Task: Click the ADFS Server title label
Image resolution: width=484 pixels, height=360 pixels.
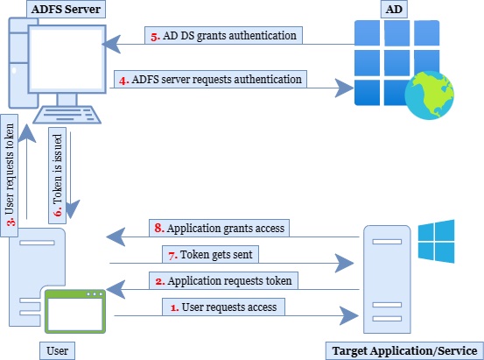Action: tap(66, 9)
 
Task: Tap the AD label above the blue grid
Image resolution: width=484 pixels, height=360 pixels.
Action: tap(394, 9)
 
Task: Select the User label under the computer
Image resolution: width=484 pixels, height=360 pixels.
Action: tap(57, 350)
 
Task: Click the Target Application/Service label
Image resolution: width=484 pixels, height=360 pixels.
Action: tap(404, 350)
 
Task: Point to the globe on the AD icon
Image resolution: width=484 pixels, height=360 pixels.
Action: tap(430, 95)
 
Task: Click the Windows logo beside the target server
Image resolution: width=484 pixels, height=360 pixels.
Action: tap(436, 242)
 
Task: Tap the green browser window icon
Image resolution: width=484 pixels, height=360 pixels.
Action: tap(75, 312)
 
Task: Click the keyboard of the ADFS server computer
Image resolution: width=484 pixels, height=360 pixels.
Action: tap(67, 115)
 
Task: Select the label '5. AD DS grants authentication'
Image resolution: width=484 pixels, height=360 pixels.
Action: tap(223, 36)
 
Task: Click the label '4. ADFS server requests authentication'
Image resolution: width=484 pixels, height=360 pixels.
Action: tap(210, 80)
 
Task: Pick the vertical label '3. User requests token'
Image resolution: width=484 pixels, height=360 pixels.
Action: tap(10, 175)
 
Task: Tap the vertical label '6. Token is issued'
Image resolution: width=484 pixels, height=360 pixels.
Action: tap(58, 175)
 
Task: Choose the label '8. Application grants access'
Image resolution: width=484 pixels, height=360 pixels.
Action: tap(219, 228)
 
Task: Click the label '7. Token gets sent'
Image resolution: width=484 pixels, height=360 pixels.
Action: tap(211, 254)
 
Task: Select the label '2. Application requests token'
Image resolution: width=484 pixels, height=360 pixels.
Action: tap(223, 280)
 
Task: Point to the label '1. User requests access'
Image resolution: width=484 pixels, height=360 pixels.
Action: tap(223, 307)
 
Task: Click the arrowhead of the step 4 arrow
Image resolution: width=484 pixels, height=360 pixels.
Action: tap(345, 88)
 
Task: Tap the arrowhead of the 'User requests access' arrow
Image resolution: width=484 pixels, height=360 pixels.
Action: tap(349, 316)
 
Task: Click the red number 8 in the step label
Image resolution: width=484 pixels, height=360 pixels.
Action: tap(158, 228)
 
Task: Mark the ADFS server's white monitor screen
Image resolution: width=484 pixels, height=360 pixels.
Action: tap(67, 59)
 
